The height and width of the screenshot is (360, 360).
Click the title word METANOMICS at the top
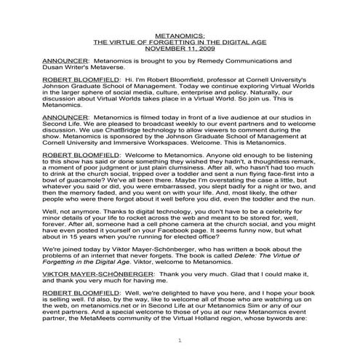coord(180,34)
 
